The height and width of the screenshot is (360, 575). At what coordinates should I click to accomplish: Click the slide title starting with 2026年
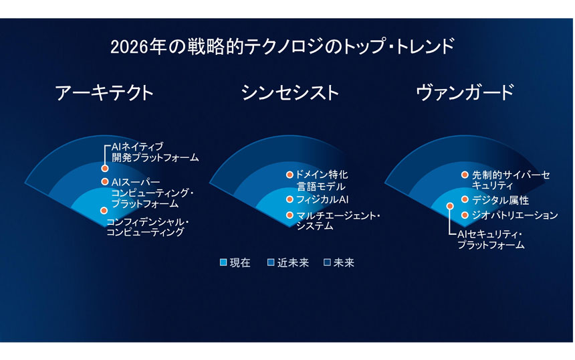click(282, 47)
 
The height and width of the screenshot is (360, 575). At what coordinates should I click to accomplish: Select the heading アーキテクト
click(104, 92)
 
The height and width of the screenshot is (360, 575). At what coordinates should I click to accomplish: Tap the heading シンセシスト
click(290, 92)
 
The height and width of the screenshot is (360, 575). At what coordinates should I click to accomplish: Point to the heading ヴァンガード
click(465, 92)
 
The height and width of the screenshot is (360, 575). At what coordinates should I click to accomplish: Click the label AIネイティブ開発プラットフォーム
click(155, 153)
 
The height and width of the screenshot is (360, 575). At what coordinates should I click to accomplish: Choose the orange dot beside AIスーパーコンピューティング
click(105, 181)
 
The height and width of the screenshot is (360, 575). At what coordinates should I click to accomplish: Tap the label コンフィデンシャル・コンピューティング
click(148, 227)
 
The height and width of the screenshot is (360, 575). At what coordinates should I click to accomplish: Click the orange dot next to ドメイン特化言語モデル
click(290, 175)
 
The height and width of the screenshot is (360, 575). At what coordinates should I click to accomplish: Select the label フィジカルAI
click(322, 199)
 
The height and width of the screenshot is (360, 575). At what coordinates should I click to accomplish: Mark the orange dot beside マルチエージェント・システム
click(290, 215)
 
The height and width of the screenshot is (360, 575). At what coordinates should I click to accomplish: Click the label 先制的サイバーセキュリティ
click(511, 180)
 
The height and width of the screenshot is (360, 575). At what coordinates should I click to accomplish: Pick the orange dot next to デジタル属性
click(465, 199)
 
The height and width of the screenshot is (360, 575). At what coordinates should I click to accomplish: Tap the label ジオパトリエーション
click(515, 215)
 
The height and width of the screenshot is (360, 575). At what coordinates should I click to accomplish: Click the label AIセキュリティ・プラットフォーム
click(491, 240)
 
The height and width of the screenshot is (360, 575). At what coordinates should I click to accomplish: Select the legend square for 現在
click(223, 262)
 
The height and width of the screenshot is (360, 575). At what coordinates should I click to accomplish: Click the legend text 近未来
click(293, 263)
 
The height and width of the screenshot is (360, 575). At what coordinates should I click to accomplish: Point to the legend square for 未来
click(328, 262)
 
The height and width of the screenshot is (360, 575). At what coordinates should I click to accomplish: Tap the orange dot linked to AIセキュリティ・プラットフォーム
click(450, 206)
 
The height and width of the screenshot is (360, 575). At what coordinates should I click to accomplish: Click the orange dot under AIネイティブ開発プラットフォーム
click(105, 169)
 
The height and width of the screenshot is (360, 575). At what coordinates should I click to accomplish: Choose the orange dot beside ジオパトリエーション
click(465, 215)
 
